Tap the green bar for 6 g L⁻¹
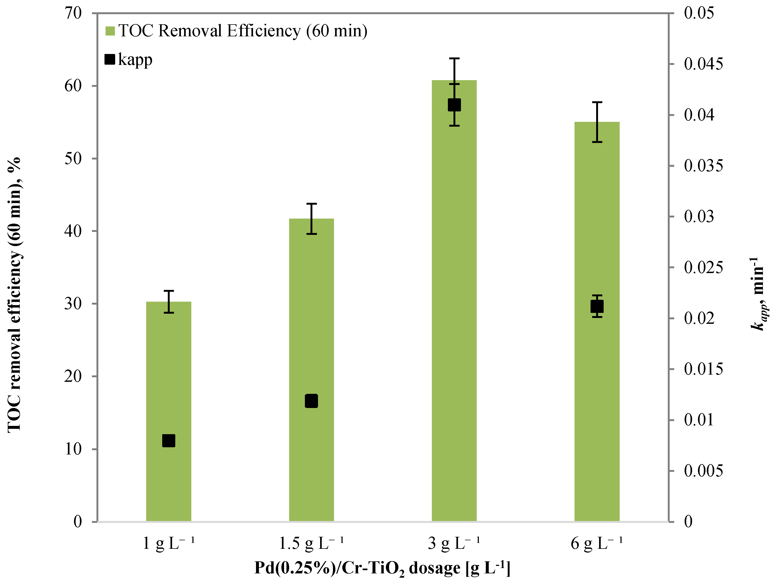(597, 403)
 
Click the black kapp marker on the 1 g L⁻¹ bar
(168, 441)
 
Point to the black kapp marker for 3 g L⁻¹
(454, 105)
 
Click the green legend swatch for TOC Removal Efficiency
(110, 31)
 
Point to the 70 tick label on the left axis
(73, 13)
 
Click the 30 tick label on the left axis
(73, 304)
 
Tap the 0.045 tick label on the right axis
(703, 64)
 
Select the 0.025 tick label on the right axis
(703, 268)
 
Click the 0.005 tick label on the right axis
(703, 471)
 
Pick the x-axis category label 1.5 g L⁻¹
(311, 544)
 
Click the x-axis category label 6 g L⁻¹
(597, 544)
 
